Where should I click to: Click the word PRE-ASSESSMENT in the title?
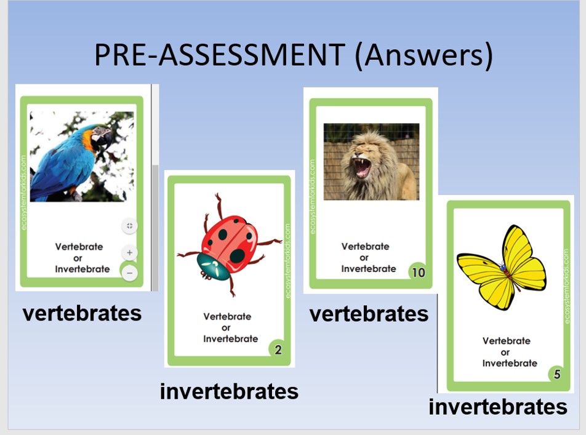220,55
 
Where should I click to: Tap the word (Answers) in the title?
423,55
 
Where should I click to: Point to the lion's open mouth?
362,169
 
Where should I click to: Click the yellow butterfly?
502,267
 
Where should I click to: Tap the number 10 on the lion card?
419,273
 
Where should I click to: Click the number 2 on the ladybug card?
278,349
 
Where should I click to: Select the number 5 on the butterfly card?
557,373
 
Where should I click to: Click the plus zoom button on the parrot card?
129,253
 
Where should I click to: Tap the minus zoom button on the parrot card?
129,273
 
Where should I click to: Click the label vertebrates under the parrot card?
82,313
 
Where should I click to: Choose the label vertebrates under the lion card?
369,314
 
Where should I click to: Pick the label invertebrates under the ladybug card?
229,391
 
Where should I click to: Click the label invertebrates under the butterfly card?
498,407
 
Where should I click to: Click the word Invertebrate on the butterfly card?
510,363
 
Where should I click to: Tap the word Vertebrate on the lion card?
365,246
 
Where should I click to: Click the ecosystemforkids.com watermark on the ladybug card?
287,261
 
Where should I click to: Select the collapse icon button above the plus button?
129,226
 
